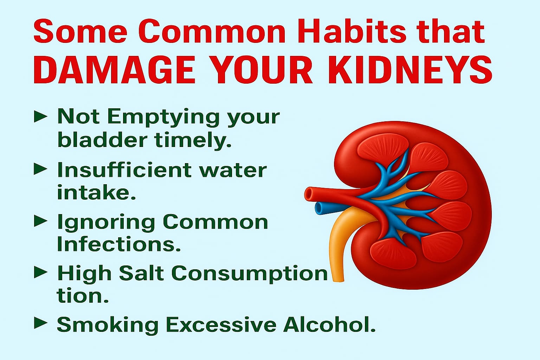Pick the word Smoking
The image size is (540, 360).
[108, 324]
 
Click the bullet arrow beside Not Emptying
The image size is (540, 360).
[40, 116]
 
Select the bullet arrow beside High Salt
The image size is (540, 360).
[40, 272]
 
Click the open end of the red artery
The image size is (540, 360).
[309, 194]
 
